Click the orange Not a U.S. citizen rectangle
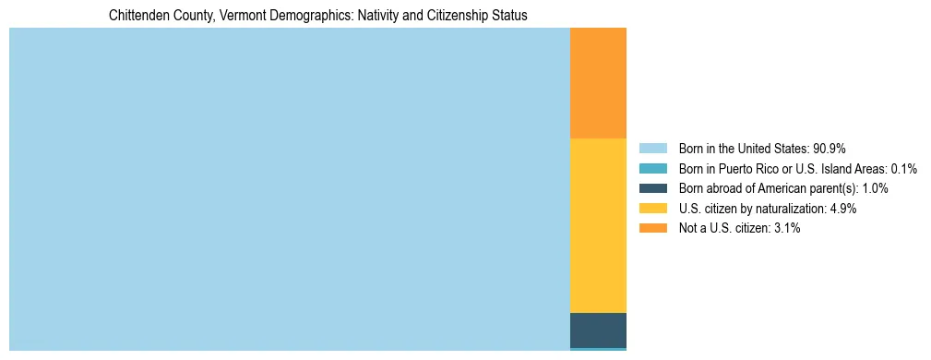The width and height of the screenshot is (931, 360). (x=598, y=83)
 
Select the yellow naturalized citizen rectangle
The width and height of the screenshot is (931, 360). (x=598, y=225)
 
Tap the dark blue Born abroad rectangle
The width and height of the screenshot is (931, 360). (x=598, y=330)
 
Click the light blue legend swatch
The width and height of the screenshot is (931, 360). (x=652, y=148)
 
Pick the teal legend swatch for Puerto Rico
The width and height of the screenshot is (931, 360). (x=652, y=168)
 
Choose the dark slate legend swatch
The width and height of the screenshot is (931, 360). (x=652, y=188)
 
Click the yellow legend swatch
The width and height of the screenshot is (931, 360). (x=652, y=209)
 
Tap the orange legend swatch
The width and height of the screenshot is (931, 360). (x=652, y=229)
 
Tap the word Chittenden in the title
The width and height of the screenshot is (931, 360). (x=139, y=16)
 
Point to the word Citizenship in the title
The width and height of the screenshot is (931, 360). (x=468, y=16)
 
